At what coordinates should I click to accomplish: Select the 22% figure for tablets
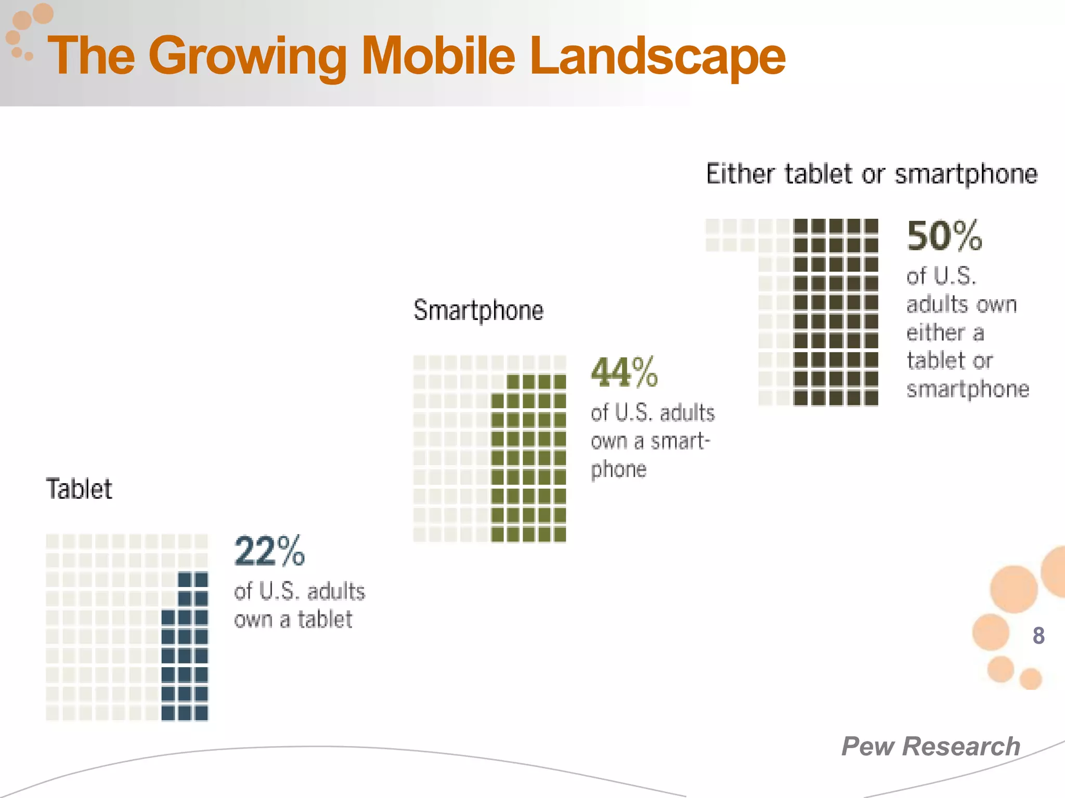pos(269,551)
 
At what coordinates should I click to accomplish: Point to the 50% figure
pos(944,236)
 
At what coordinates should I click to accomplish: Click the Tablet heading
pos(79,489)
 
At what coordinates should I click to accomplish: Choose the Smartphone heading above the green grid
pos(478,311)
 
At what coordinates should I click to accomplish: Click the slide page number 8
pos(1038,635)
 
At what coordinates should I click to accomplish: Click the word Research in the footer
pos(961,747)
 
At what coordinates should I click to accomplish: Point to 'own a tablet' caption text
pos(293,619)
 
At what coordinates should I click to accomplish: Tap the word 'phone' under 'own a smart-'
pos(618,470)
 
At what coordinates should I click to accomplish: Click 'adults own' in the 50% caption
pos(961,304)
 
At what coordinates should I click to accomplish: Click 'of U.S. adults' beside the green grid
pos(653,413)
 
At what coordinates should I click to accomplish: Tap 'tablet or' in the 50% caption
pos(950,361)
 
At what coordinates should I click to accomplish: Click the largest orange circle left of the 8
pos(1014,589)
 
